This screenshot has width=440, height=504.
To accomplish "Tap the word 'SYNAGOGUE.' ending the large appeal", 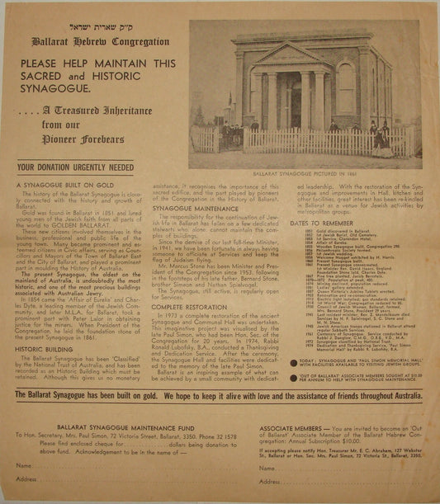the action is [64, 87].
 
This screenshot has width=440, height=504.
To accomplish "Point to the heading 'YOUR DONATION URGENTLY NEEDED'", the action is [75, 167].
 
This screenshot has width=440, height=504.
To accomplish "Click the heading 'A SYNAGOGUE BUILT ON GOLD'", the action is [65, 186].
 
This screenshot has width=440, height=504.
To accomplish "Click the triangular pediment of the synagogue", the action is [285, 56].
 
